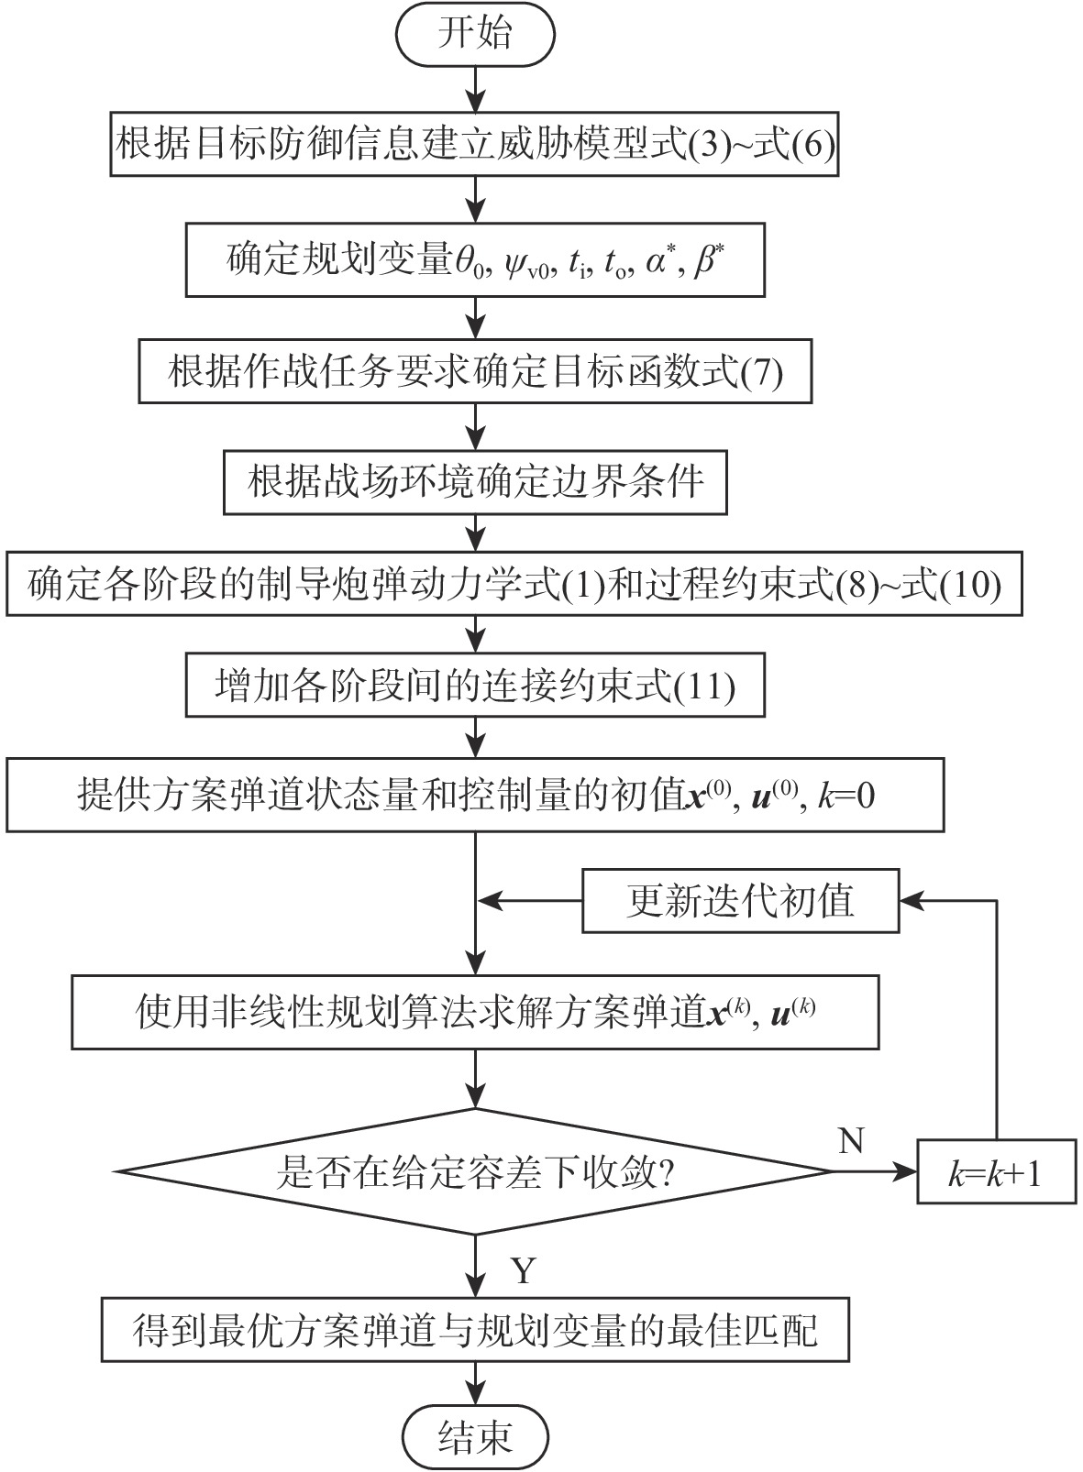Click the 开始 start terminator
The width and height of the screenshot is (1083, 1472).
click(x=475, y=34)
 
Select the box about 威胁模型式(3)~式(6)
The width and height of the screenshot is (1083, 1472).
click(x=475, y=145)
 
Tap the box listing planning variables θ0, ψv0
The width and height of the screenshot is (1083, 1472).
click(x=475, y=261)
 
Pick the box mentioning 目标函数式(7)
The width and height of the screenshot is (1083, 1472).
click(x=475, y=372)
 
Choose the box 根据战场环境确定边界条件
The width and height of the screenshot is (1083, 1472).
click(x=475, y=480)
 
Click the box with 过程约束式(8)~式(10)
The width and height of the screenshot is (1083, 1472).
click(x=514, y=584)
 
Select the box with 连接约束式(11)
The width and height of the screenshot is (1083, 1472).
click(x=475, y=686)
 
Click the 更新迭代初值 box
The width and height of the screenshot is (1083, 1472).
click(x=740, y=901)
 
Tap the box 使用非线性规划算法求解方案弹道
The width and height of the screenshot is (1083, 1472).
click(x=475, y=1012)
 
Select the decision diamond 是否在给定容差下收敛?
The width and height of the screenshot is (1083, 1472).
click(x=475, y=1172)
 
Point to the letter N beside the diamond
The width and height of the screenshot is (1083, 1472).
click(x=851, y=1140)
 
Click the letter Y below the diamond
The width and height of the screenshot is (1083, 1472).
click(x=522, y=1270)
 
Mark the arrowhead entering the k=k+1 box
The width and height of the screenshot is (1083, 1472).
click(x=908, y=1172)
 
